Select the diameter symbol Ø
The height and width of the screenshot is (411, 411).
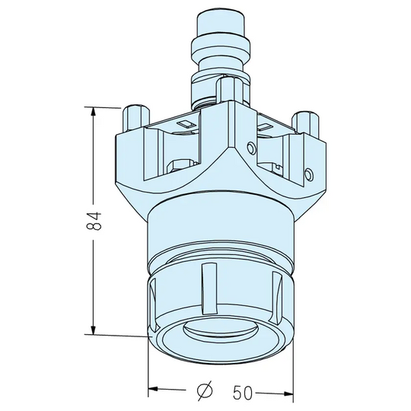click(x=205, y=391)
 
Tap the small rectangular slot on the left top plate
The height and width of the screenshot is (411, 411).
click(x=185, y=123)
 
